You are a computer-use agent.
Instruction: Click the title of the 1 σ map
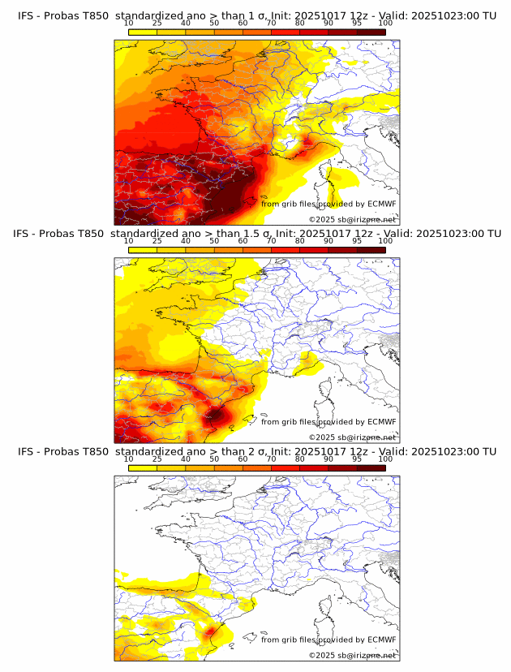click(x=257, y=15)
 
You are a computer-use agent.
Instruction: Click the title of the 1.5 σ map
click(x=257, y=233)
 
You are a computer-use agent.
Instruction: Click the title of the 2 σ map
click(x=257, y=450)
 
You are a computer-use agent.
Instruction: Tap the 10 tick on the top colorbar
click(x=129, y=23)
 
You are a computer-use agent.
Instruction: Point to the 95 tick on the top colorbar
click(x=357, y=23)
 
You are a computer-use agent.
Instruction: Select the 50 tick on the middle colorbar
click(x=214, y=240)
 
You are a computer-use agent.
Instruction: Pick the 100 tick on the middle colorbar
click(x=385, y=240)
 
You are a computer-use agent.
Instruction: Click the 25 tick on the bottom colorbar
click(x=157, y=458)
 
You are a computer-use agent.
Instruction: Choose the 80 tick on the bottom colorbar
click(x=300, y=458)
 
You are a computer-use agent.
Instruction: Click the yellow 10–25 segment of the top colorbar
click(x=143, y=32)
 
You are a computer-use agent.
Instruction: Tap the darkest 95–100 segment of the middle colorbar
click(x=371, y=249)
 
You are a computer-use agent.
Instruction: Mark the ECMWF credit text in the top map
click(x=328, y=204)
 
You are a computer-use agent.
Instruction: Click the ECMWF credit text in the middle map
click(x=328, y=421)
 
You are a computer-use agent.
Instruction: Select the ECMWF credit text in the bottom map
click(x=328, y=639)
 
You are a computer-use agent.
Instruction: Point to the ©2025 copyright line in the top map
click(x=352, y=219)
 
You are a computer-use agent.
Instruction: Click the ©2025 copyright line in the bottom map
click(x=352, y=654)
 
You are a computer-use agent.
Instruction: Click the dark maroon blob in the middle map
click(x=216, y=416)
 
